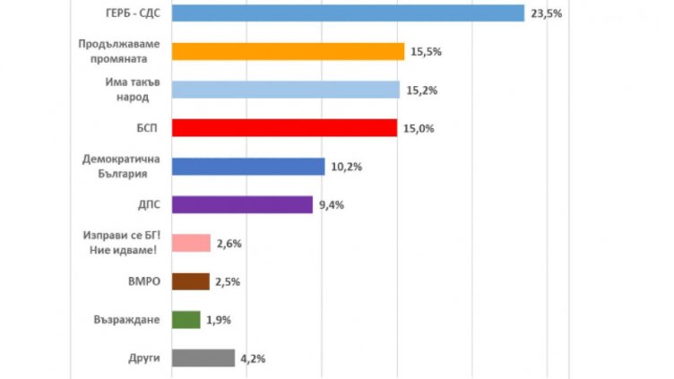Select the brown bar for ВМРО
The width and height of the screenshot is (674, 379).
pos(189,281)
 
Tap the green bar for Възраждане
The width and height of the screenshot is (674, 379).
pos(185,320)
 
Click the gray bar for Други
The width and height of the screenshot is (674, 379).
pos(202,358)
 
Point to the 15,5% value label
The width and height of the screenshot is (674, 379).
pos(425,53)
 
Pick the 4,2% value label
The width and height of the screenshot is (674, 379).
pos(252,359)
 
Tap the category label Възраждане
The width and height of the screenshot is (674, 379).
pos(126,320)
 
